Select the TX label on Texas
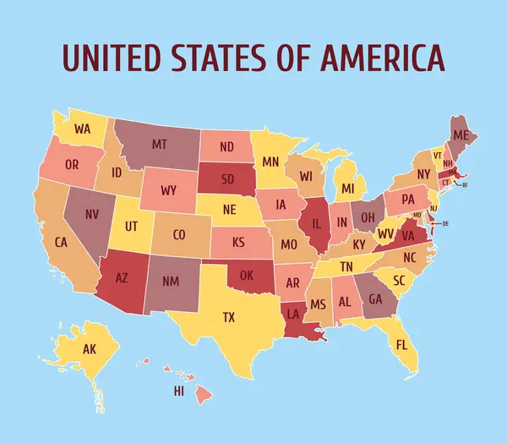point(228,317)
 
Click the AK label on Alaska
point(90,349)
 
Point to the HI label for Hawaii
point(178,391)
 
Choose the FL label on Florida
point(401,344)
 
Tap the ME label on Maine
point(461,135)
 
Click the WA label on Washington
point(82,129)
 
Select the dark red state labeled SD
point(228,178)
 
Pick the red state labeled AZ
point(121,276)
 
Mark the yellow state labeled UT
point(131,226)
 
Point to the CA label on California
point(61,242)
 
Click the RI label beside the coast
point(464,184)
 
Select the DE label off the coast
point(445,223)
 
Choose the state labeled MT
point(159,145)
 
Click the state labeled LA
point(292,314)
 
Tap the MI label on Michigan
point(347,187)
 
